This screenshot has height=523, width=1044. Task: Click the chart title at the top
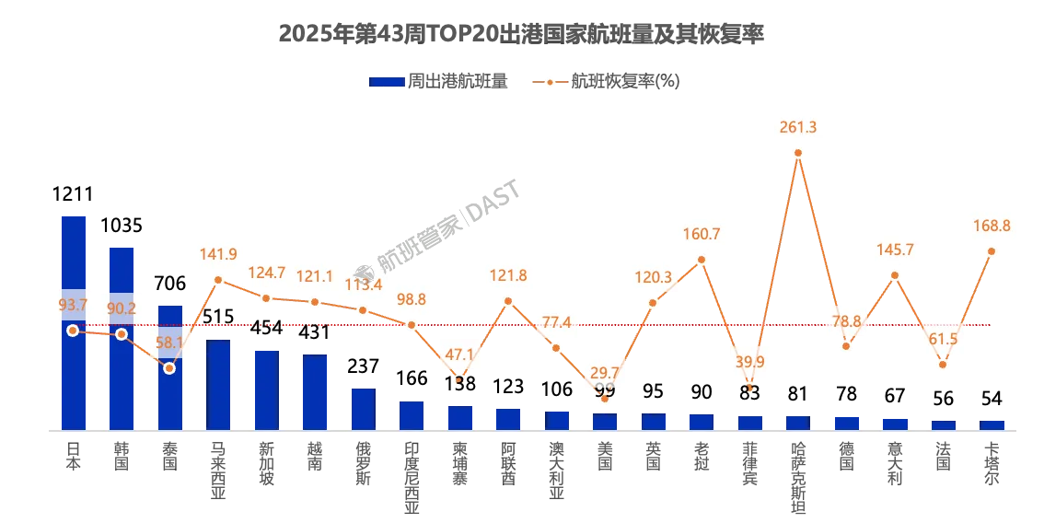pos(521,34)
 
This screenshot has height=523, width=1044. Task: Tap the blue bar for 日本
pos(74,322)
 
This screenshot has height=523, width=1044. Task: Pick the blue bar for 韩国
pos(122,338)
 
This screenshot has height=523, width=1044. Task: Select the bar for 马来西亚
pos(218,385)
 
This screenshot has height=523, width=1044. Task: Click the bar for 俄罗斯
pos(363,409)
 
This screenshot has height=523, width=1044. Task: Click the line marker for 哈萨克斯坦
pos(798,153)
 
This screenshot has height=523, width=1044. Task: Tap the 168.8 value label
pos(992,225)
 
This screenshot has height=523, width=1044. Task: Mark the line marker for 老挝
pos(702,260)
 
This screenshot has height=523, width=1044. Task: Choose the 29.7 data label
pos(605,373)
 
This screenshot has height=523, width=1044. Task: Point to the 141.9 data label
pos(218,254)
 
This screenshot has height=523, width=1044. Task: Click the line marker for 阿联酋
pos(508,301)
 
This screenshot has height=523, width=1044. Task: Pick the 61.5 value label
pos(943,339)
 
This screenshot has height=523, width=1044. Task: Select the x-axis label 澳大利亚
pos(556,470)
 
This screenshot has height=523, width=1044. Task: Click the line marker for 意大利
pos(895,275)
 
